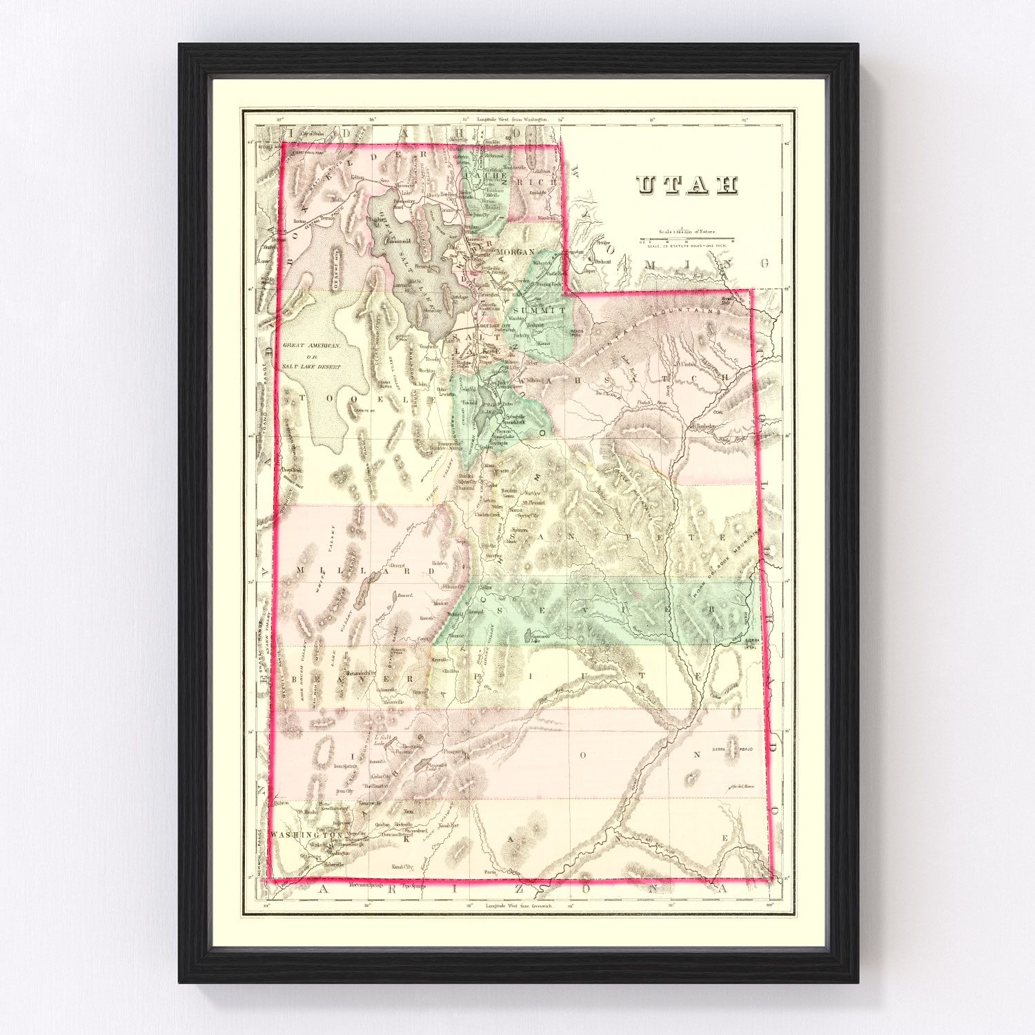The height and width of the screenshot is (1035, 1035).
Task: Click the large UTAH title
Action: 687,184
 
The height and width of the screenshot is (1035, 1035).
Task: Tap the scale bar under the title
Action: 687,241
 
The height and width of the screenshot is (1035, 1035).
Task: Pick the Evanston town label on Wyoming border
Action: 573,252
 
